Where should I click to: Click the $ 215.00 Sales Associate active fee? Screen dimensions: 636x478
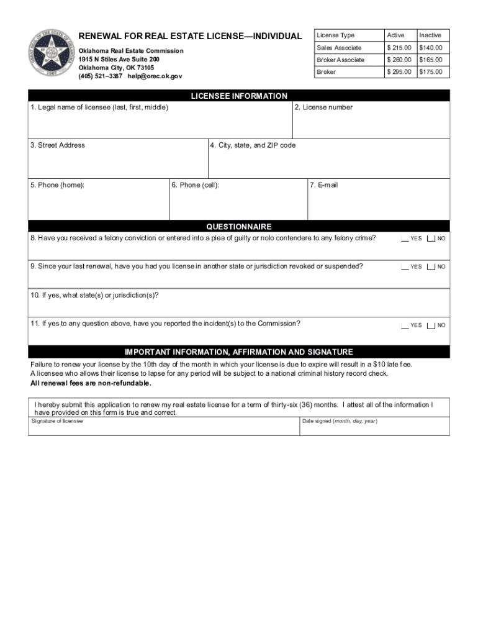click(399, 48)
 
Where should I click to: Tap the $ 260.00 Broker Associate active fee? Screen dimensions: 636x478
click(399, 60)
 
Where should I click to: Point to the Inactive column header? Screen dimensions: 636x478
click(430, 35)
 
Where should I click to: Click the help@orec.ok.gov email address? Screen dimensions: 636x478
click(155, 76)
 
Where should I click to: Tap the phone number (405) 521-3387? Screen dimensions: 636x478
click(100, 76)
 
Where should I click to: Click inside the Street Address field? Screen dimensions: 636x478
click(118, 163)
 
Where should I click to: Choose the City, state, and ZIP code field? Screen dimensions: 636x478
click(328, 163)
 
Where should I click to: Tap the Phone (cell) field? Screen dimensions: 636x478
click(238, 203)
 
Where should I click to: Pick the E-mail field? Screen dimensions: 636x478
click(378, 203)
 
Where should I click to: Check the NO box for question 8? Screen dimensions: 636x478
click(431, 238)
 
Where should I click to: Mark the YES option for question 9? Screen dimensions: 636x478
click(405, 267)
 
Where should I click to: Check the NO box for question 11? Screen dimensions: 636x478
click(431, 325)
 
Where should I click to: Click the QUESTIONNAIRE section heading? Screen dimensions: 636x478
click(239, 227)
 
